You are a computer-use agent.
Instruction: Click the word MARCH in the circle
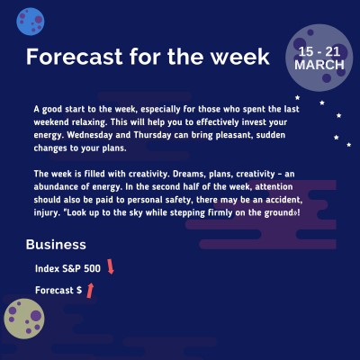(x=319, y=67)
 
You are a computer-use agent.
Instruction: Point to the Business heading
(x=56, y=245)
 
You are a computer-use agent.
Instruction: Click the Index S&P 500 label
(x=67, y=268)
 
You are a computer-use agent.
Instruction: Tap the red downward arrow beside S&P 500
(x=111, y=266)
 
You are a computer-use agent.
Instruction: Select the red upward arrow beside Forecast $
(x=90, y=290)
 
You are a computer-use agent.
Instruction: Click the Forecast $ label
(x=58, y=291)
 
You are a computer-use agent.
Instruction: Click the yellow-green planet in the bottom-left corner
(x=24, y=320)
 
